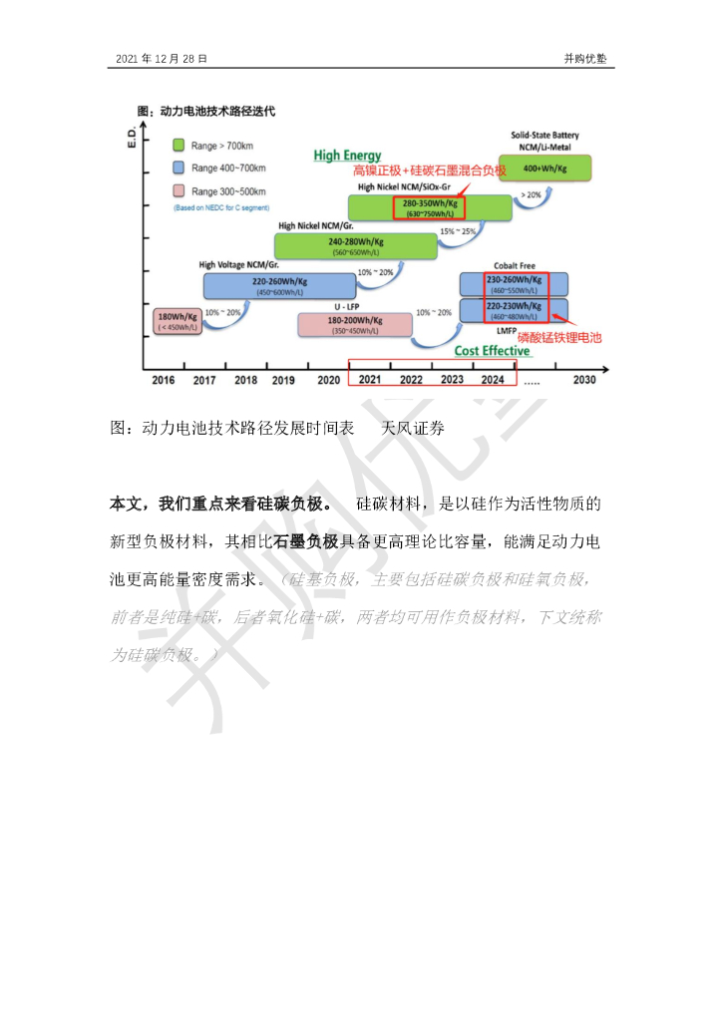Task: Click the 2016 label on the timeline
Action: point(163,380)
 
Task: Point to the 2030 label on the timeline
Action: point(584,380)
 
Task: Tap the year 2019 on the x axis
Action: point(283,380)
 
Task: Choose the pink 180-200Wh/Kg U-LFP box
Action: point(355,324)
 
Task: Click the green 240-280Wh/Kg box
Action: point(355,245)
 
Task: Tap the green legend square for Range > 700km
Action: point(179,146)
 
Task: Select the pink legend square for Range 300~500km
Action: point(179,191)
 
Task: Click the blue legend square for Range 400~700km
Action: point(179,169)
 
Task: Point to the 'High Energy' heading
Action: point(347,156)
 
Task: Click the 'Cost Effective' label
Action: point(492,351)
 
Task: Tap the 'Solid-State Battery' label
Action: point(544,135)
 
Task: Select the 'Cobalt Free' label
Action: point(514,266)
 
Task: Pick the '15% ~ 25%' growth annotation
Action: point(458,231)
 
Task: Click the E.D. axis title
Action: point(131,137)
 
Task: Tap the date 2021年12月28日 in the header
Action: point(162,59)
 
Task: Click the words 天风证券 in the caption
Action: point(413,428)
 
